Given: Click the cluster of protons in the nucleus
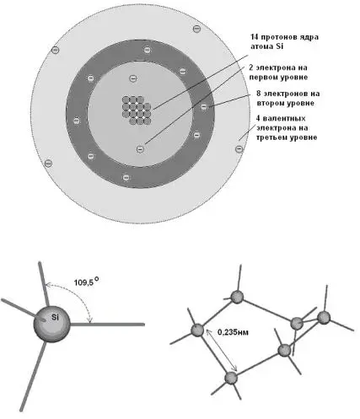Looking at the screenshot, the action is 137,110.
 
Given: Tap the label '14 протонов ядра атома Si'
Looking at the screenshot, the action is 284,41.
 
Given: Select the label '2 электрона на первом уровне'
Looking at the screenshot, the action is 278,73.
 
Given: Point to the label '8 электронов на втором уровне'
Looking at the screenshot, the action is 288,98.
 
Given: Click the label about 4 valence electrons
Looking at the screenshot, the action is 287,128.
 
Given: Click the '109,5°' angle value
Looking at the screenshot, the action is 86,282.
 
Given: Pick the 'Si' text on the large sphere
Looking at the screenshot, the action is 55,318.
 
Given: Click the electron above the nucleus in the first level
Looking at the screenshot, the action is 133,78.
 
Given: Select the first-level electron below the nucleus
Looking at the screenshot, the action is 140,148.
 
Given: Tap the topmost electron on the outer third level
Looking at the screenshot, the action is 197,29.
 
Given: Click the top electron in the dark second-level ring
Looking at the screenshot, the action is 147,50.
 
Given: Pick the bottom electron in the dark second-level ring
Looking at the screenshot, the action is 126,177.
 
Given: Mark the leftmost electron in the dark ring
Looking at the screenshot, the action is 76,121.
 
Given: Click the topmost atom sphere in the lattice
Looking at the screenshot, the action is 237,297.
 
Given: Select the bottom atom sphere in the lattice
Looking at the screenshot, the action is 231,379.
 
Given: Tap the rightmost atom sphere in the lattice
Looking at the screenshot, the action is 324,317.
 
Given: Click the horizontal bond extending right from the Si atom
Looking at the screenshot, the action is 107,325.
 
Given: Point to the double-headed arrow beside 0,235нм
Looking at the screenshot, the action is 222,351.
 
